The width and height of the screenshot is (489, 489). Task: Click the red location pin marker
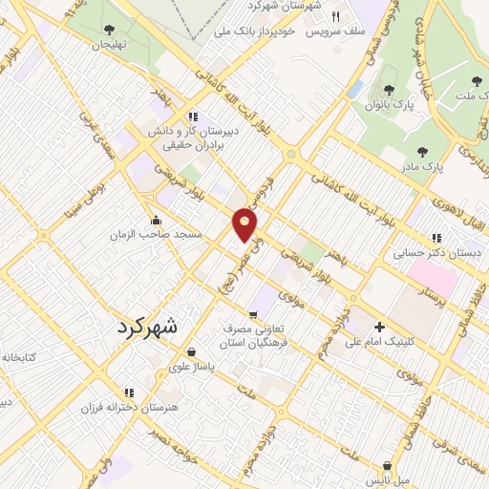click(245, 223)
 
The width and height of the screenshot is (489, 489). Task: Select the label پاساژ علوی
click(195, 365)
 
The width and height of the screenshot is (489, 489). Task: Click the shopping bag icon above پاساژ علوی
click(193, 351)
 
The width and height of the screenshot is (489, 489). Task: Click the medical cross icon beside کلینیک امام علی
click(380, 325)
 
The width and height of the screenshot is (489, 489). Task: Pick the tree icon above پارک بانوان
click(384, 88)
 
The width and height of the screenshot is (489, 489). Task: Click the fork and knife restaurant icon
click(335, 15)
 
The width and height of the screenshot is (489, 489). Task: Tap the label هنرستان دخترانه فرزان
click(129, 407)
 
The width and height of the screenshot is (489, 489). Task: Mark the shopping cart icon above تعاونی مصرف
click(252, 315)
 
